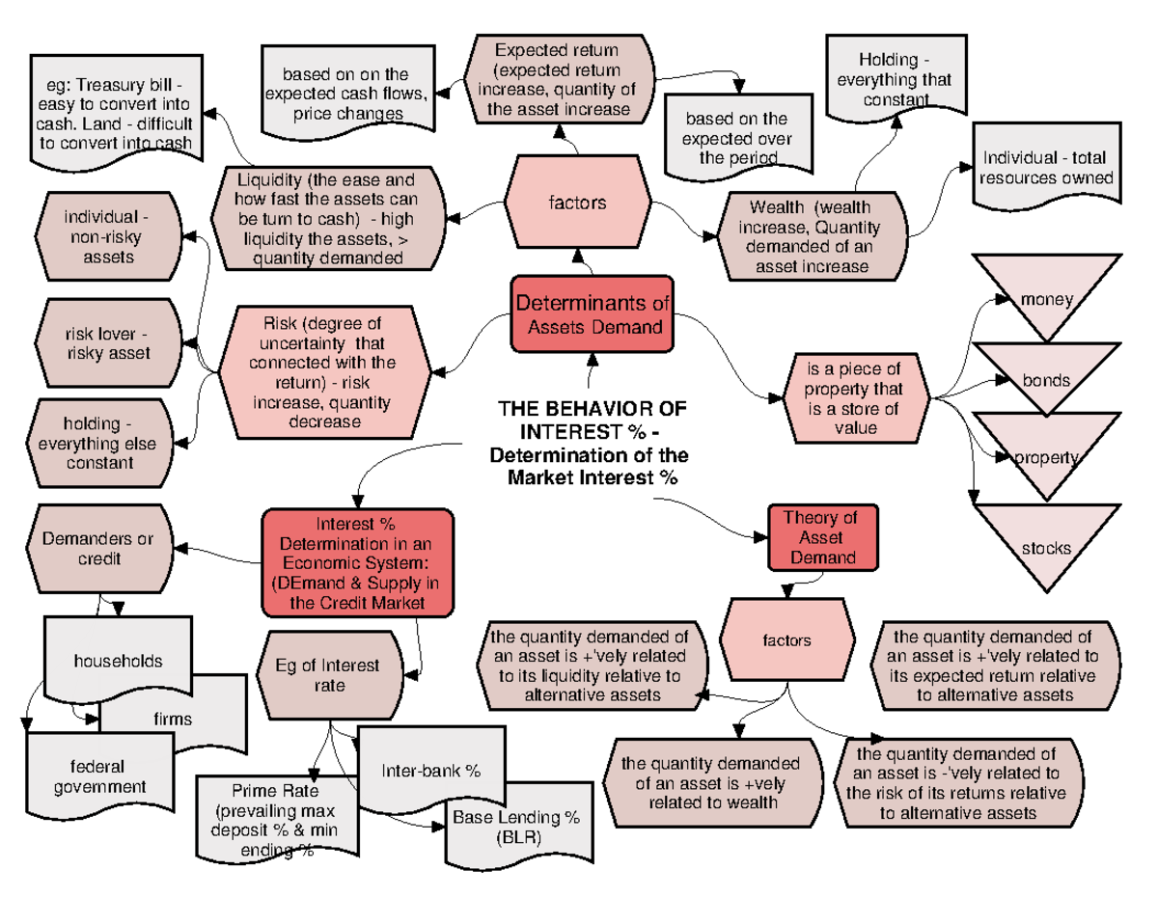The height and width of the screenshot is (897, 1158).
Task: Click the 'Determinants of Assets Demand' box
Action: [593, 314]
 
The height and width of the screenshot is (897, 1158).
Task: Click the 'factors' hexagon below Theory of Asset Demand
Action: [787, 639]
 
